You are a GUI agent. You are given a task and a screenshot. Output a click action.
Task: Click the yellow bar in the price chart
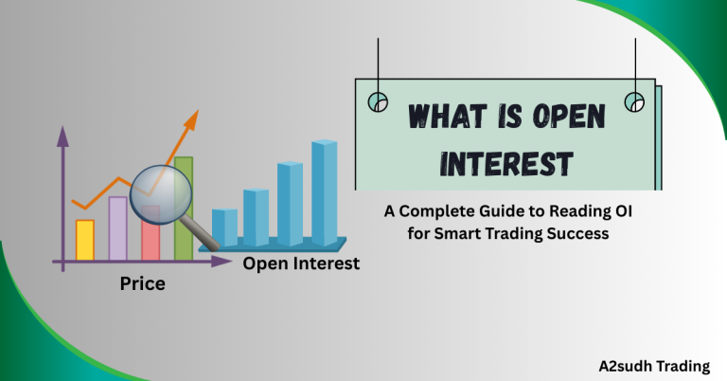(x=84, y=240)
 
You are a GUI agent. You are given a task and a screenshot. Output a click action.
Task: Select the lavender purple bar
(x=117, y=228)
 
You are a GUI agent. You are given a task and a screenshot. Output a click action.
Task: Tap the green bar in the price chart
(x=184, y=209)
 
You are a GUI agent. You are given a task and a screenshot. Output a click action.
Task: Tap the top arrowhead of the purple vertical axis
(x=63, y=136)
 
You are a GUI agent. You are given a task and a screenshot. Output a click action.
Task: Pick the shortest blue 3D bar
(x=225, y=227)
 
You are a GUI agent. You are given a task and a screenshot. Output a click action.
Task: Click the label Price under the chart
(x=143, y=283)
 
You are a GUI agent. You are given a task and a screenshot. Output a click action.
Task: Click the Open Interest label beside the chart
(x=301, y=263)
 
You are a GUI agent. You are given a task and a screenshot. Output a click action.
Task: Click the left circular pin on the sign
(x=378, y=100)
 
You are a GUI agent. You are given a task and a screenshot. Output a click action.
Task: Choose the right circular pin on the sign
(x=634, y=100)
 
